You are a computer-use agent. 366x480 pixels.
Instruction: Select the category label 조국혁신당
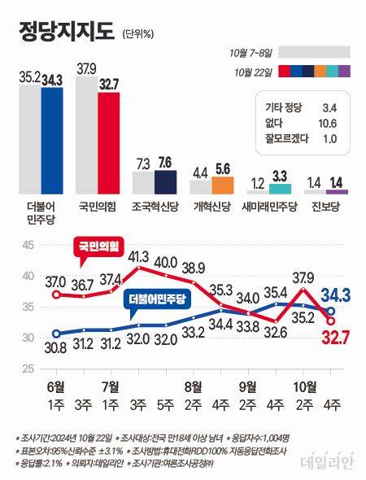pyautogui.click(x=155, y=207)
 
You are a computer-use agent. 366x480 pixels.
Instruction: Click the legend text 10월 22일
pyautogui.click(x=251, y=71)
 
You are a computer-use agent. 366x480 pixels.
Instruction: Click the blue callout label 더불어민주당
pyautogui.click(x=159, y=300)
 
